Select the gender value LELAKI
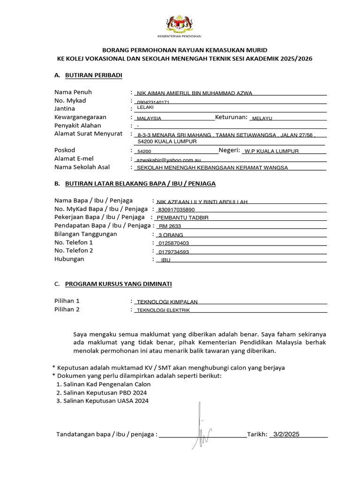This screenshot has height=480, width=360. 145,108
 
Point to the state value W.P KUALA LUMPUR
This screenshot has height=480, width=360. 271,151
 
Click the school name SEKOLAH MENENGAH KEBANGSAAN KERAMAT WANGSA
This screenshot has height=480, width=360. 211,168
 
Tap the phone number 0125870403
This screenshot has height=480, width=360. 174,243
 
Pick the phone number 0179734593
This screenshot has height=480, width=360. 174,252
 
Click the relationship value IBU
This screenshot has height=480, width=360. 165,260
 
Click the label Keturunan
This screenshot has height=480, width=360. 231,117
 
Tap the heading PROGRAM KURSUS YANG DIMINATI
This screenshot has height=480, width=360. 118,284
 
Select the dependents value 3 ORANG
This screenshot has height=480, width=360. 171,235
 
